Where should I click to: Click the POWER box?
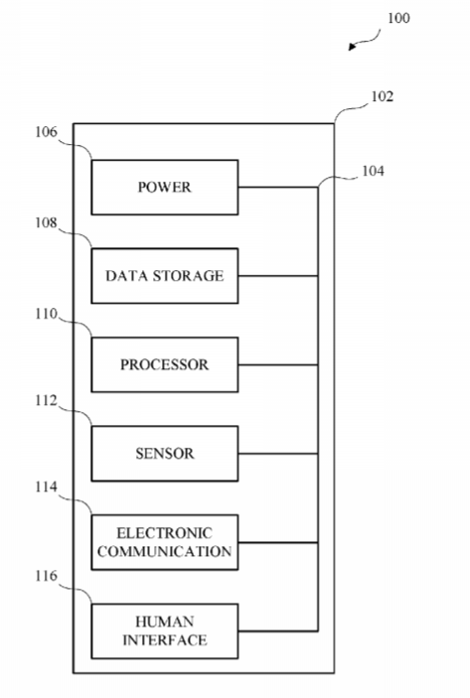tap(164, 187)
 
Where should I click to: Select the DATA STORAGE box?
tap(164, 276)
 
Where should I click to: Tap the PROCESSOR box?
tap(164, 364)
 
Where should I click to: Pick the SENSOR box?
tap(164, 454)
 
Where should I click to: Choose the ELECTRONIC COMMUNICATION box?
tap(164, 542)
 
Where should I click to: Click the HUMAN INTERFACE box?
tap(164, 631)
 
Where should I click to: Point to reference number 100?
tap(398, 18)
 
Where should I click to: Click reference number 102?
tap(383, 96)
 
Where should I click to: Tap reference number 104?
tap(373, 171)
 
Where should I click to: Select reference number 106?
tap(47, 132)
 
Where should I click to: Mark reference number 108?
tap(47, 222)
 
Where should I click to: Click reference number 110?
tap(47, 314)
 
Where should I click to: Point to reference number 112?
tap(47, 401)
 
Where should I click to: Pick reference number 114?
tap(47, 487)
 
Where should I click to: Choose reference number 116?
tap(47, 576)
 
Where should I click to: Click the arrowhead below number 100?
tap(352, 47)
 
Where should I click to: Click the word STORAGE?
tap(188, 276)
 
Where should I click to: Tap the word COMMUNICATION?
tap(164, 551)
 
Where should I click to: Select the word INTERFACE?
tap(164, 640)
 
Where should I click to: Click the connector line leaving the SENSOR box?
tap(278, 454)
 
